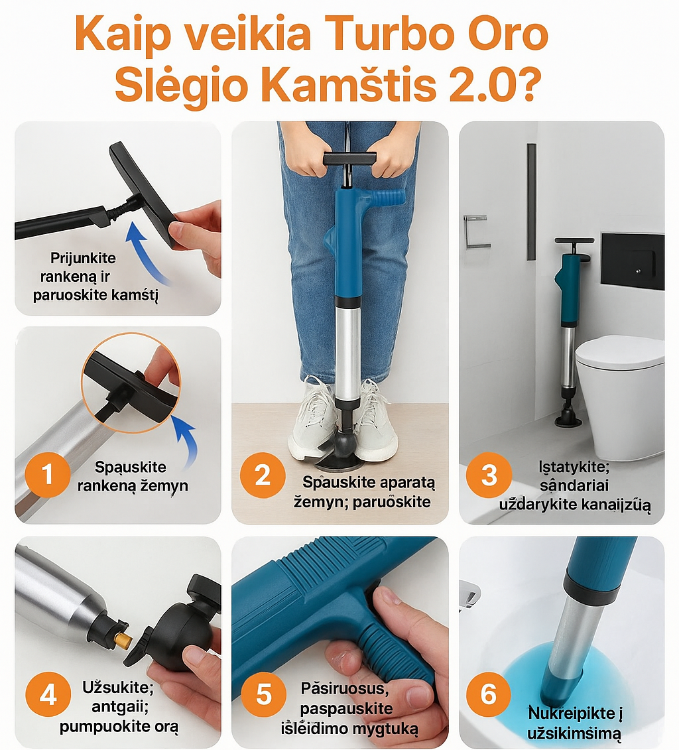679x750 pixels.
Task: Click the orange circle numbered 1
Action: click(48, 475)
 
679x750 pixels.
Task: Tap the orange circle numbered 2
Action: click(263, 475)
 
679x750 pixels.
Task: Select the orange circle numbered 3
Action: click(489, 475)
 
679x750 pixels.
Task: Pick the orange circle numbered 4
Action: click(48, 695)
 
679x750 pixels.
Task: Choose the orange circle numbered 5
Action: click(263, 695)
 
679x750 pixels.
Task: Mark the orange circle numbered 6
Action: click(489, 695)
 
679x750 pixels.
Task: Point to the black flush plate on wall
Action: click(633, 261)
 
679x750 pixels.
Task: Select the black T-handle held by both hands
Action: click(349, 160)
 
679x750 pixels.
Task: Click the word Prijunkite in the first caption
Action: click(83, 258)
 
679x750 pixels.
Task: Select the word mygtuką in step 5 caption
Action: click(386, 729)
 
